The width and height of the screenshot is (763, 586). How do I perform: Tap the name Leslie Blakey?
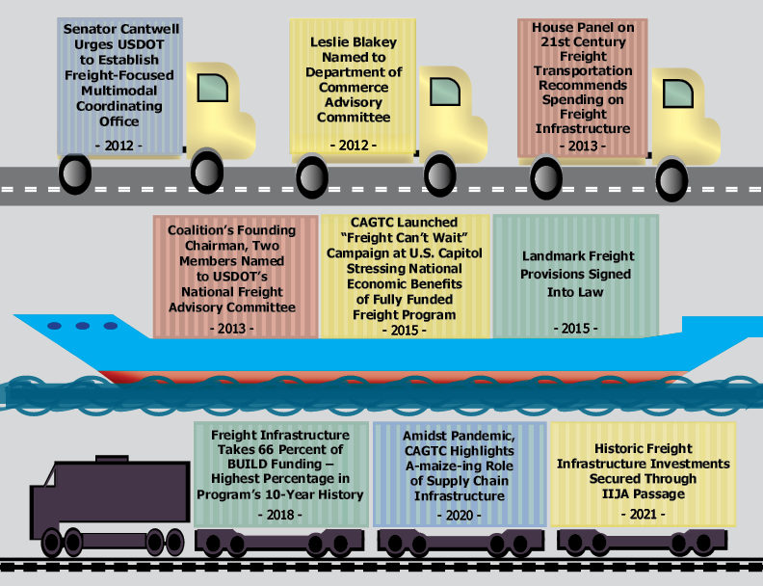pos(354,42)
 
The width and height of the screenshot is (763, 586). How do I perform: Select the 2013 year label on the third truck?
pos(581,146)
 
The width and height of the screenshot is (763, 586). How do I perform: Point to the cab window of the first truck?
pos(213,89)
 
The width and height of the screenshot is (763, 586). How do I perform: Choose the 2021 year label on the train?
pos(643,515)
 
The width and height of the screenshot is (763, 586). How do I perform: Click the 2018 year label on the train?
pos(280,515)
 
